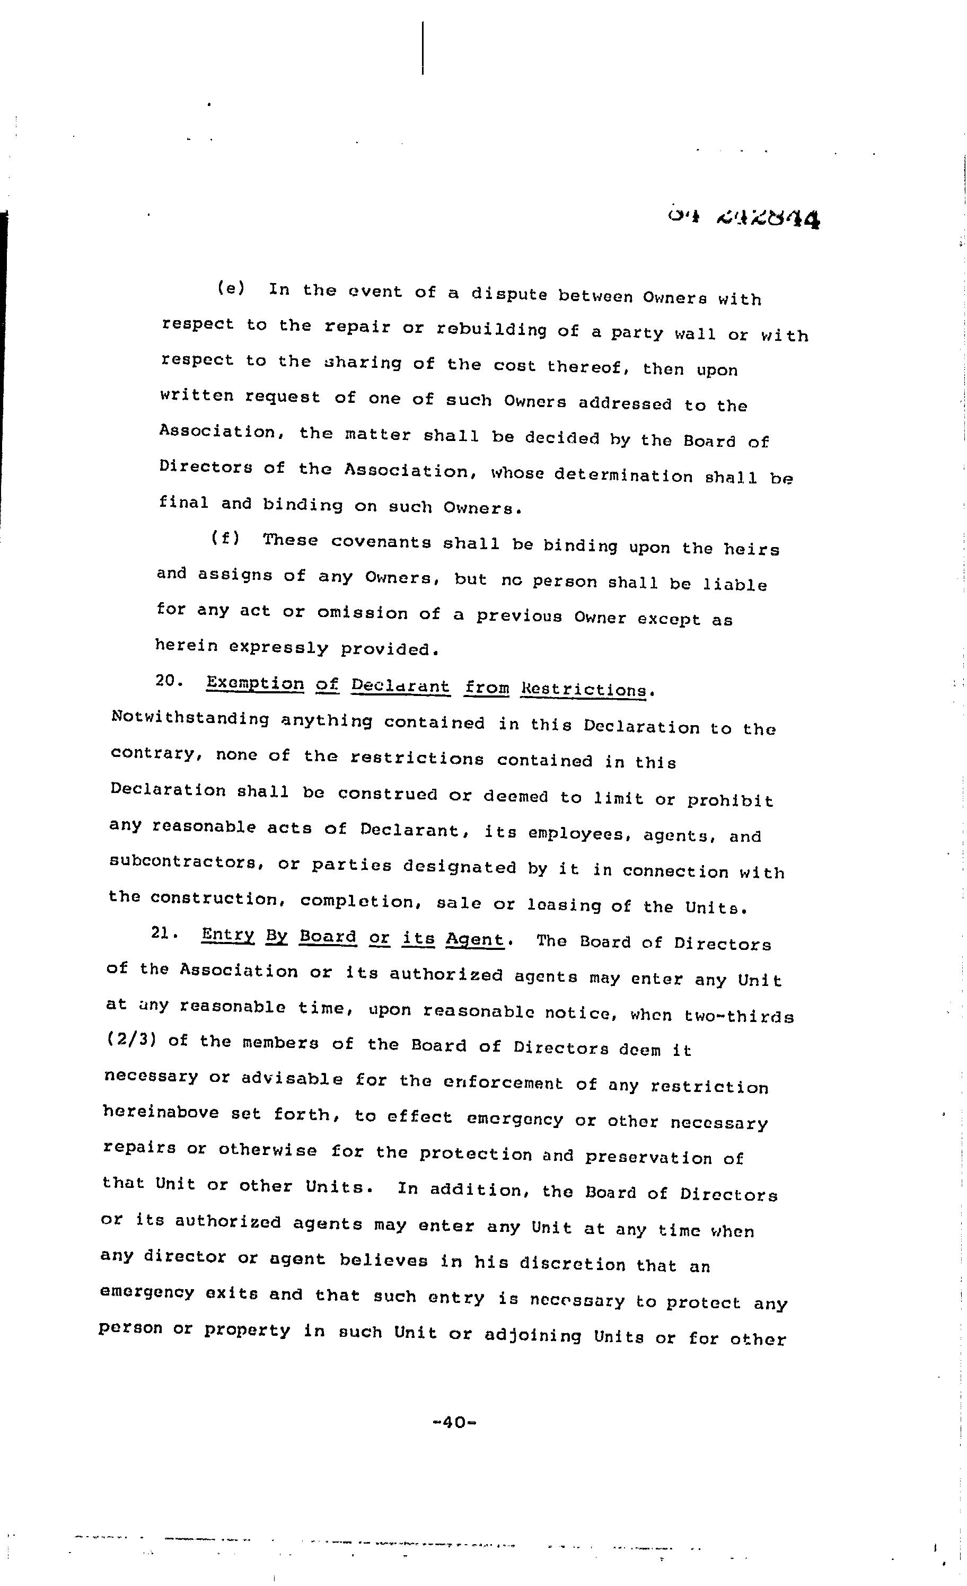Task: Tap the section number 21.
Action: click(165, 933)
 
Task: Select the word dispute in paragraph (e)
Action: click(508, 294)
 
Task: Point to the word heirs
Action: click(751, 549)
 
